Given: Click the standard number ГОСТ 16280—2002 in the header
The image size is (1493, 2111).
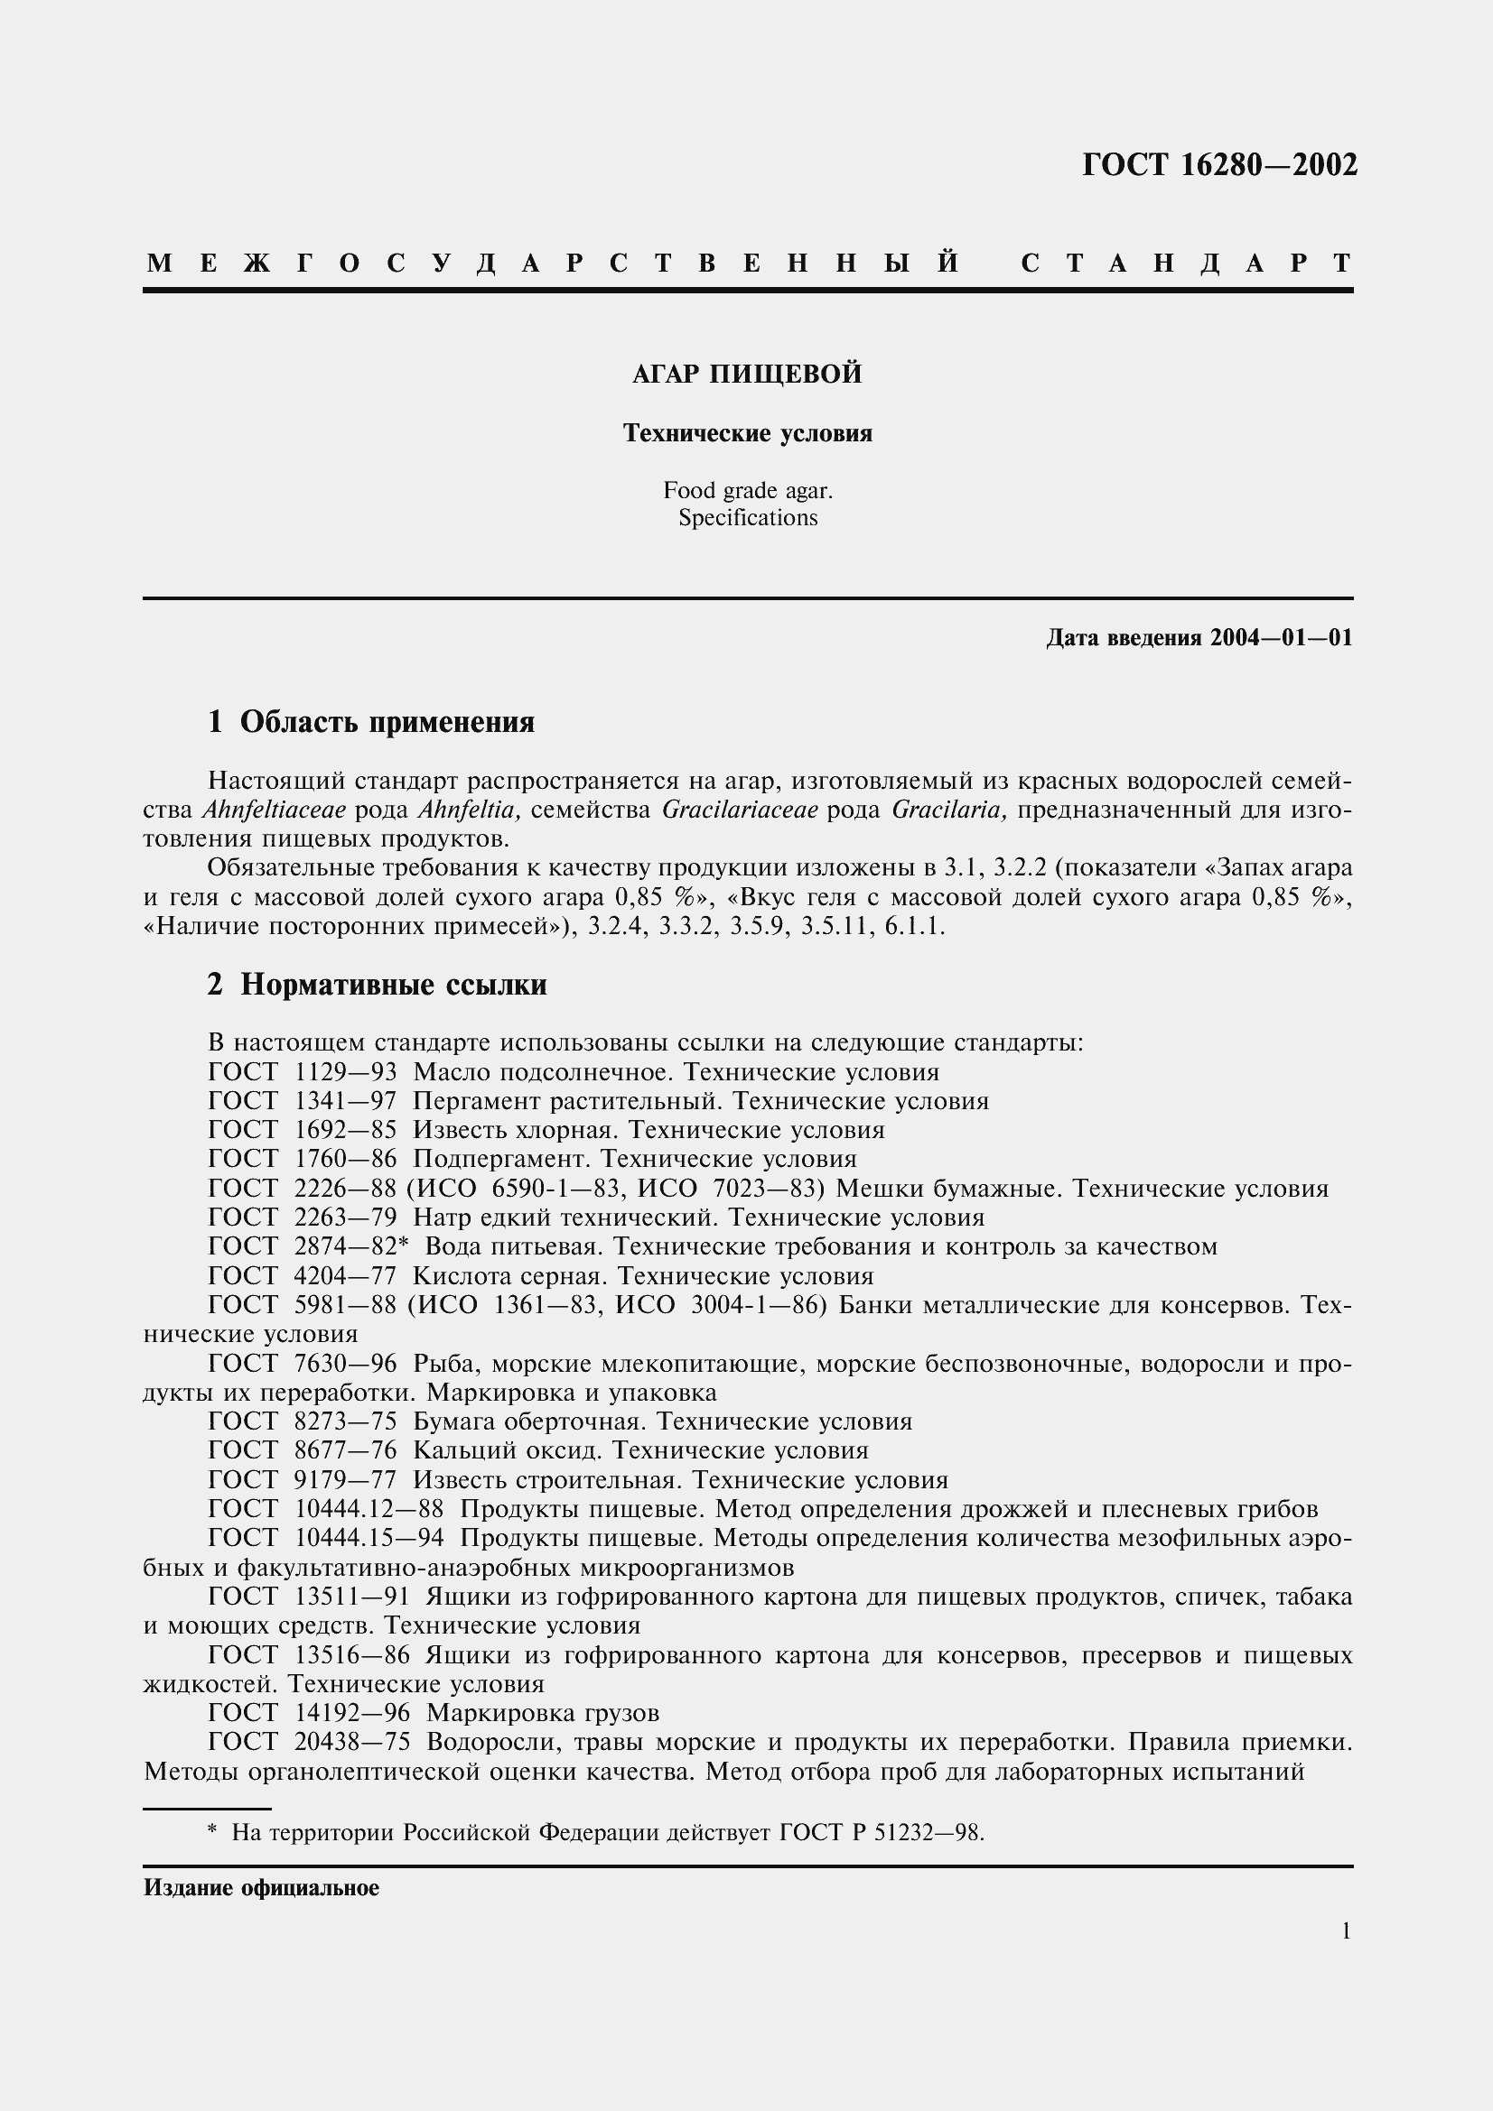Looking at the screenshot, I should (x=1218, y=165).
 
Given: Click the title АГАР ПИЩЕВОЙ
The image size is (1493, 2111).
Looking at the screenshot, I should (x=747, y=375).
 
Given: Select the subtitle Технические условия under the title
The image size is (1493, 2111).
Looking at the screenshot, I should (x=747, y=433).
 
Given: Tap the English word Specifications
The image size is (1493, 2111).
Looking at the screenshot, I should (x=747, y=519).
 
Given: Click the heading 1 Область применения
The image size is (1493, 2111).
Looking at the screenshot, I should (x=370, y=723).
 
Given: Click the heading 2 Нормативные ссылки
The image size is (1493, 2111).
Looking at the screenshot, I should (x=378, y=985).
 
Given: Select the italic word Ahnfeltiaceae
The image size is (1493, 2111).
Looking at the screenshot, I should (x=272, y=810).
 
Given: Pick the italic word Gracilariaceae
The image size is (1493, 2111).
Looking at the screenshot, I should (x=740, y=810).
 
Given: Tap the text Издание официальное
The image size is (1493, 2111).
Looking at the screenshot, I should (x=261, y=1887).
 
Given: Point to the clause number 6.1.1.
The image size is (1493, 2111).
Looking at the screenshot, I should (x=914, y=927).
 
